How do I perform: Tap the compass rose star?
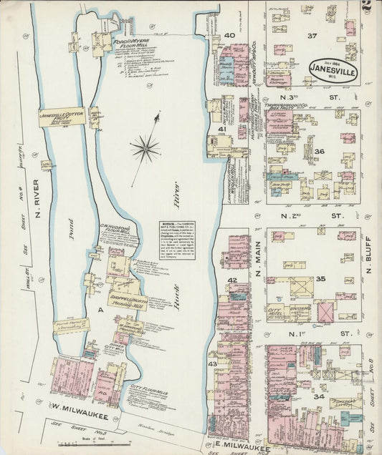click(x=145, y=149)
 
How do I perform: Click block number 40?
click(x=230, y=35)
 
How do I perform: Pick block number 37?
click(x=312, y=36)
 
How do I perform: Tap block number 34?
click(x=319, y=396)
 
